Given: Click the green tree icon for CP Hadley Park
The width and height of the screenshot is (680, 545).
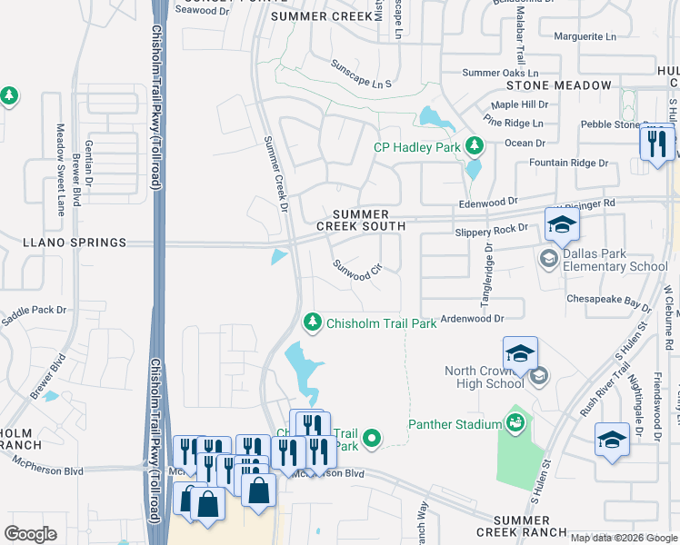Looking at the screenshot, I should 474,145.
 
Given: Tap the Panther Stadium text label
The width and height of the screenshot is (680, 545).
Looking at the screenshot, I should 455,424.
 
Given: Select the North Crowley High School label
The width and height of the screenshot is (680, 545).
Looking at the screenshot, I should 485,377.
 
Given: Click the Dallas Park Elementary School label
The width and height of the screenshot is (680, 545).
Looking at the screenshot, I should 615,261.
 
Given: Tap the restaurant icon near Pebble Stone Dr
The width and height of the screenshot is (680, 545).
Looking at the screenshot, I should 656,143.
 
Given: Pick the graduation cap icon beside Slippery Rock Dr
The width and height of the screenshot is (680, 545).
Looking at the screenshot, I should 562,224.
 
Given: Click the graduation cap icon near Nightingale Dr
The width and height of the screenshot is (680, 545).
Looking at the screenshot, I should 612,440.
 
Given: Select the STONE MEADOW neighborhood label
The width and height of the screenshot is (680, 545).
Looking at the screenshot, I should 559,85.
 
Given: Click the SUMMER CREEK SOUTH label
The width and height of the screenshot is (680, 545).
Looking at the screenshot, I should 354,220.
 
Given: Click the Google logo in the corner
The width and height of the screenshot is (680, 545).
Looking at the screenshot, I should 30,533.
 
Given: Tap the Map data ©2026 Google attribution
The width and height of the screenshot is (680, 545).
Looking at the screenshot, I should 623,538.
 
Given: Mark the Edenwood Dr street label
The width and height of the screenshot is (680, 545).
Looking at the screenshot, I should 487,202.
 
